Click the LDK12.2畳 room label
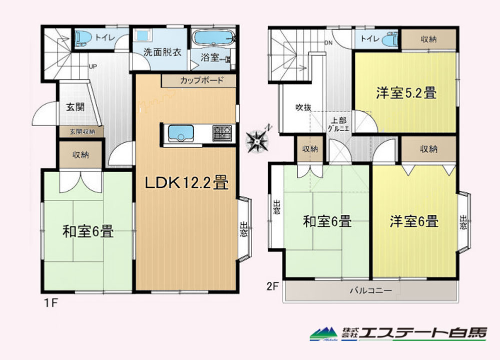[187, 183]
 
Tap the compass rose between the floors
[258, 139]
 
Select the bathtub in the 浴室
[214, 39]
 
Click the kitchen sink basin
[181, 133]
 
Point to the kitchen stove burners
[223, 133]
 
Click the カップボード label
[202, 80]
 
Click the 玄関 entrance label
[75, 107]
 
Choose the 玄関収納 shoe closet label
[82, 131]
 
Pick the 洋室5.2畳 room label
[406, 93]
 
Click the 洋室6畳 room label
[414, 221]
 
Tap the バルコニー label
[371, 290]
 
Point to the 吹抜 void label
[303, 108]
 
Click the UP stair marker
[93, 67]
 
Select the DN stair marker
[328, 43]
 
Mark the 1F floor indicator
[50, 302]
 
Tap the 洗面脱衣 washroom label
[163, 52]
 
